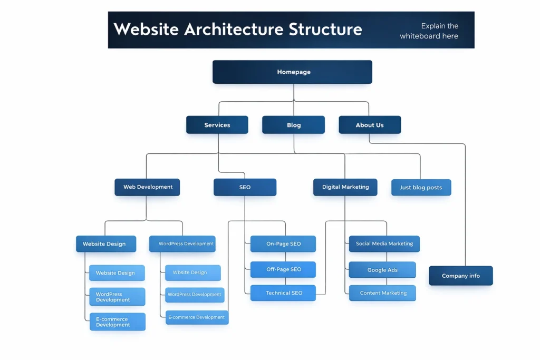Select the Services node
tap(217, 125)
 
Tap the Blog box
tap(293, 125)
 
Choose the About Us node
tap(369, 125)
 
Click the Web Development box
tap(147, 187)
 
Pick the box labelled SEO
tap(245, 187)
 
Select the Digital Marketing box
tap(345, 187)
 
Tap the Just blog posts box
tap(421, 188)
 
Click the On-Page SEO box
tap(283, 244)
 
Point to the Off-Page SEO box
tap(283, 269)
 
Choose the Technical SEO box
tap(283, 293)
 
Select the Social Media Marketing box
tap(384, 244)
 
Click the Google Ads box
tap(382, 270)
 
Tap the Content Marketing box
tap(382, 293)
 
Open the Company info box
tap(460, 276)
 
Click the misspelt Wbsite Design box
tap(192, 273)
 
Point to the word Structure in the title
tap(325, 29)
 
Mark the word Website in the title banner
tap(146, 29)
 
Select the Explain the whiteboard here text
tap(429, 31)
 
